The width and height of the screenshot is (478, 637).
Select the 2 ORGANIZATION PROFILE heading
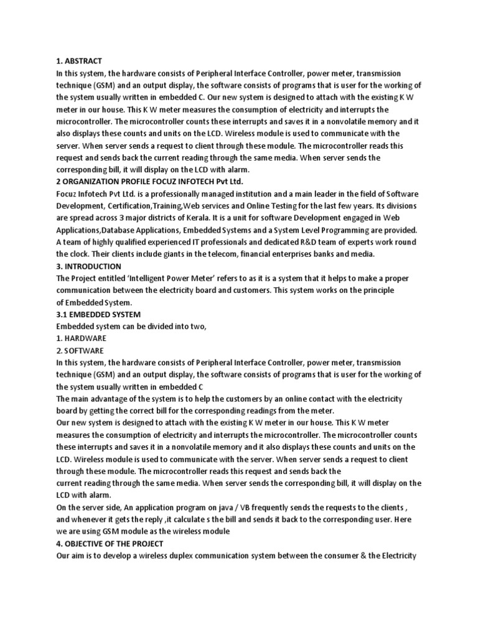point(149,182)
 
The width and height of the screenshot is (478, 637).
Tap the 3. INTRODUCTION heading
point(88,266)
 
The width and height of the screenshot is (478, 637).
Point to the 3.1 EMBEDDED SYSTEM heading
point(98,314)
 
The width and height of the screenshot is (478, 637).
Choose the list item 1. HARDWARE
point(81,338)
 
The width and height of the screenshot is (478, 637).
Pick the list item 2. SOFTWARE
point(80,350)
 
